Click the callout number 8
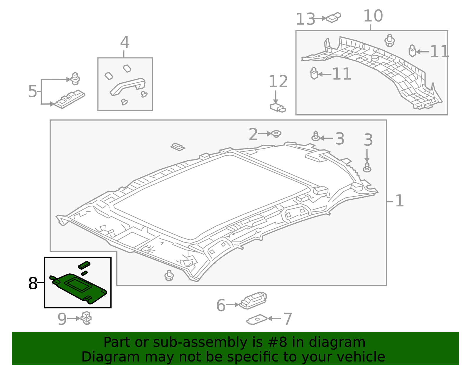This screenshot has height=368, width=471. click(33, 283)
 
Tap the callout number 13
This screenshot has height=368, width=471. click(305, 19)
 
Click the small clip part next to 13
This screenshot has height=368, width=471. click(334, 17)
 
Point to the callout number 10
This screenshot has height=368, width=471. click(373, 16)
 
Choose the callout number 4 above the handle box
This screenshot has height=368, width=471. click(125, 42)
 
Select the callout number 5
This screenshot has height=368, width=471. click(32, 91)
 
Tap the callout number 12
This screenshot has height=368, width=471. click(278, 82)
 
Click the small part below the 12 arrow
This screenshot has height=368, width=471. click(278, 107)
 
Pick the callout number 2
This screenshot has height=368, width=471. click(253, 134)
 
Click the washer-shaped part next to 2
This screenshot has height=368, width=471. click(276, 134)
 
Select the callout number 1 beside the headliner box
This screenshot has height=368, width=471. click(399, 201)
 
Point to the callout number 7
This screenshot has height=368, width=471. click(287, 319)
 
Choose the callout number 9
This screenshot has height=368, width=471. click(62, 319)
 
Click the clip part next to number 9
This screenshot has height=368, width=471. click(86, 318)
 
